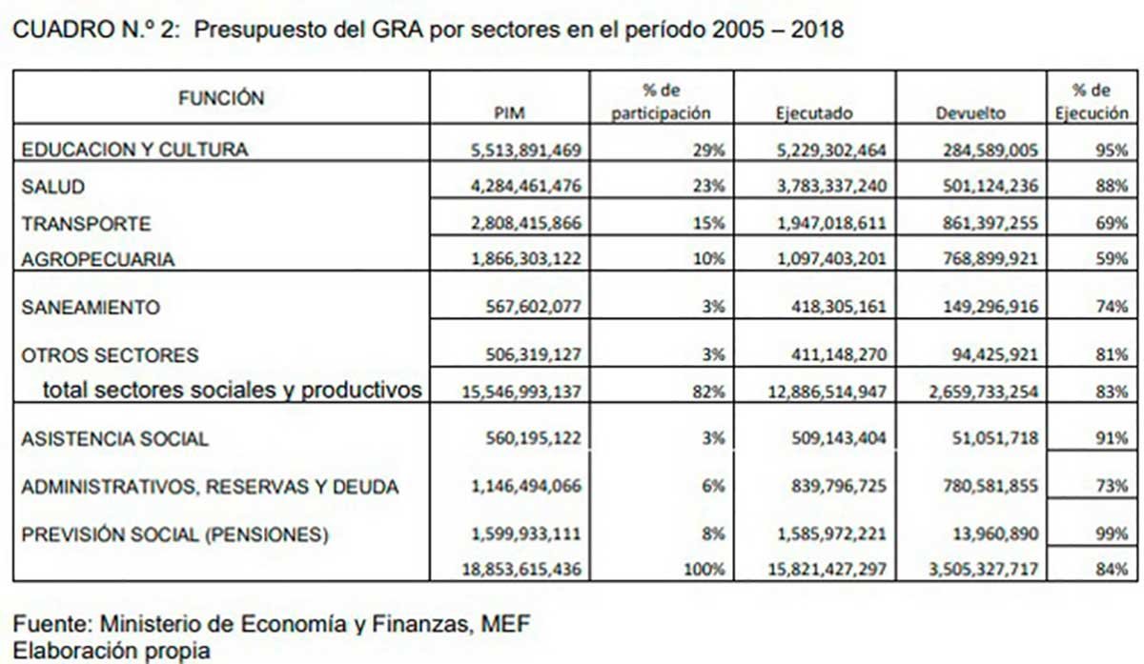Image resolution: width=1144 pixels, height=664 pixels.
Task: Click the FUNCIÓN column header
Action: pyautogui.click(x=220, y=97)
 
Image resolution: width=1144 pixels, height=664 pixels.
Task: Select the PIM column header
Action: pyautogui.click(x=510, y=113)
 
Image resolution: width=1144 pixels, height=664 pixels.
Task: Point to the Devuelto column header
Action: pyautogui.click(x=970, y=113)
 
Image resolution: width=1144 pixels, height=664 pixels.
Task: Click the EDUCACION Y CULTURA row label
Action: pyautogui.click(x=134, y=150)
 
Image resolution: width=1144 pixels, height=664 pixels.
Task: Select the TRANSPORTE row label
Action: pyautogui.click(x=86, y=224)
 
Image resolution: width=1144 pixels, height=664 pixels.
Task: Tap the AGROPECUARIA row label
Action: pyautogui.click(x=98, y=259)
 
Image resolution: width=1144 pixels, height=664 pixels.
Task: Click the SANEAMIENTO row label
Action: pyautogui.click(x=91, y=308)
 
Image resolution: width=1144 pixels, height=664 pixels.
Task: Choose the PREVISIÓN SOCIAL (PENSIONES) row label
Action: pyautogui.click(x=175, y=534)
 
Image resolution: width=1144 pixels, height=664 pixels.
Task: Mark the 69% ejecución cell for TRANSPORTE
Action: pyautogui.click(x=1112, y=224)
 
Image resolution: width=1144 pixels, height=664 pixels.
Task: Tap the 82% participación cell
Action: pyautogui.click(x=708, y=391)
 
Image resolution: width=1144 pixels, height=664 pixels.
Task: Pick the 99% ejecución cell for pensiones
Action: pyautogui.click(x=1112, y=534)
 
